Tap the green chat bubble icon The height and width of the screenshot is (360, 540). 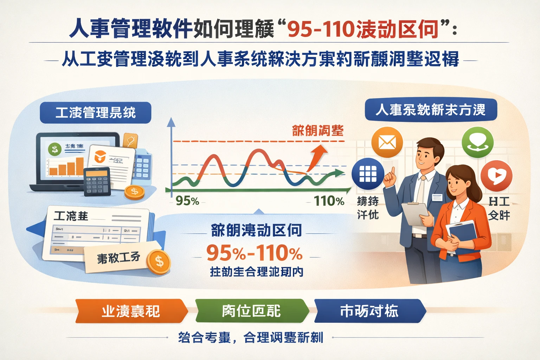coord(477,142)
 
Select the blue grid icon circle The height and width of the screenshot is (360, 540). coord(368,174)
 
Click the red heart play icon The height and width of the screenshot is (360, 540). coord(496,175)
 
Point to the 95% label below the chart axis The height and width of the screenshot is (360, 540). coord(187,201)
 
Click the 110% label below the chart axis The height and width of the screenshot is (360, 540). coord(329,201)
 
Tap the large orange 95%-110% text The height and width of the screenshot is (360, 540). coord(254,253)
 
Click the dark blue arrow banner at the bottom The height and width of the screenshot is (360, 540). coord(369,311)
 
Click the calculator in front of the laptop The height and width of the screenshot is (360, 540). coord(97,181)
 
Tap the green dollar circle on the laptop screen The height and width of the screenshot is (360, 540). coord(54,149)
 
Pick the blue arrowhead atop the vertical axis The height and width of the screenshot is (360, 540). coord(171,122)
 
